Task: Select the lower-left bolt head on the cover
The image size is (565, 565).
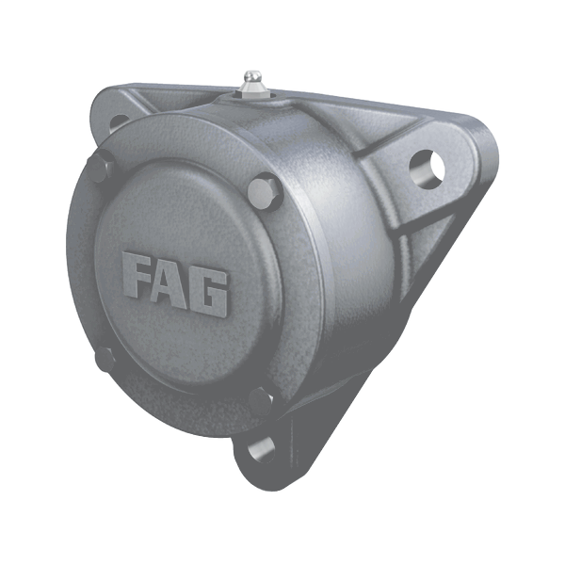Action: click(x=105, y=359)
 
